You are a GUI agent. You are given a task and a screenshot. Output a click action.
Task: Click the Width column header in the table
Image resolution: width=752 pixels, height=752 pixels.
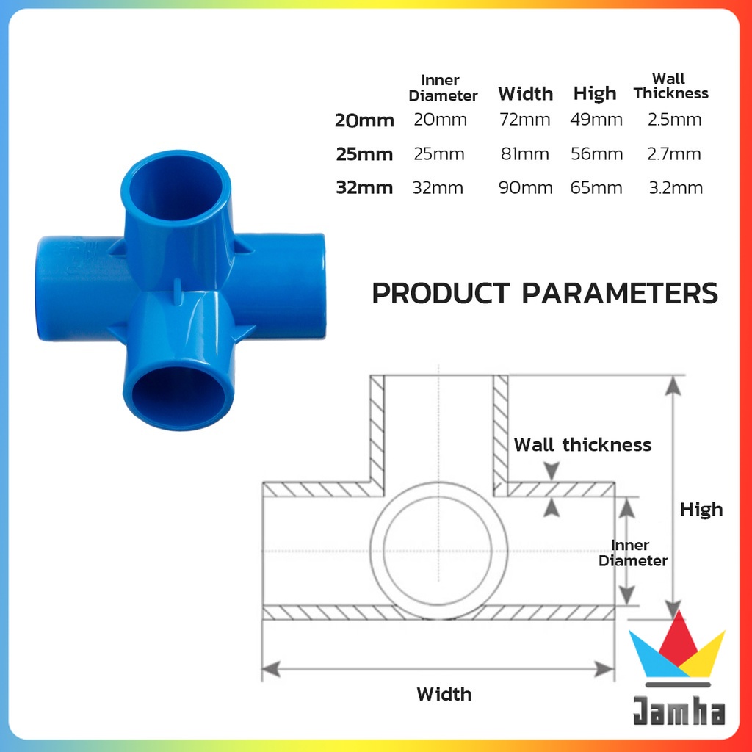[525, 93]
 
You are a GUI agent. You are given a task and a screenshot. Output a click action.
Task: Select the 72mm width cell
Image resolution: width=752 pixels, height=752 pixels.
[524, 120]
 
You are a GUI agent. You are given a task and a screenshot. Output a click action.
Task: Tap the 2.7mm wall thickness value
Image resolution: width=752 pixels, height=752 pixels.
[674, 154]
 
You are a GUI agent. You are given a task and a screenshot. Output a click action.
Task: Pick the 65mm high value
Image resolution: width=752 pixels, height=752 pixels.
[596, 187]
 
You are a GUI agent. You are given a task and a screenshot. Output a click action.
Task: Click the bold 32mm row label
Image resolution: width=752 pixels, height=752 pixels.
[364, 187]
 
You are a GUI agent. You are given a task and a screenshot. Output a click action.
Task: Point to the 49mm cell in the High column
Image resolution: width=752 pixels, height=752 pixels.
[596, 120]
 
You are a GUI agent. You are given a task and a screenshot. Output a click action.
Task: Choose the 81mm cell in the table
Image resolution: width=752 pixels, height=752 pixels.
[524, 154]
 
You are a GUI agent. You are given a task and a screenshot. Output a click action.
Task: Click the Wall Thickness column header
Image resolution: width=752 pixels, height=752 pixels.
[670, 86]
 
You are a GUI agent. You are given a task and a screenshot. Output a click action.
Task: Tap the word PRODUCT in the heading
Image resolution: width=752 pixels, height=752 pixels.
[441, 293]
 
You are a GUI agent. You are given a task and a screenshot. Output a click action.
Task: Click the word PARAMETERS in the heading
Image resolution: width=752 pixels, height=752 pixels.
[620, 293]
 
